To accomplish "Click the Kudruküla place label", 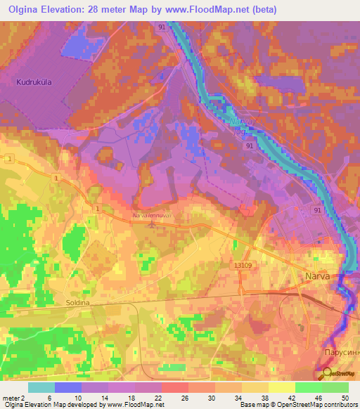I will click(35, 82).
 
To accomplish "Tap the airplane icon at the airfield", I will click(153, 224).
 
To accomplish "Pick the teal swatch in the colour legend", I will click(41, 387).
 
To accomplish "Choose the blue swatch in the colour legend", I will click(68, 387).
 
